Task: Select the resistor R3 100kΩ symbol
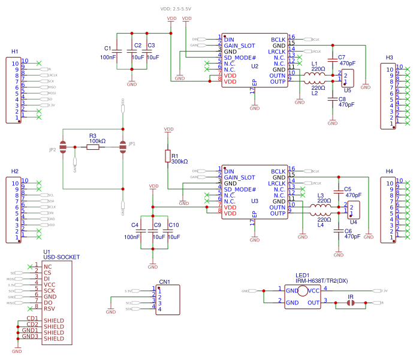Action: [93, 146]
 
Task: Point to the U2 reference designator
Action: [255, 66]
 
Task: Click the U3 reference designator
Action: [255, 201]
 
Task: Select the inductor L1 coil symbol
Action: [315, 75]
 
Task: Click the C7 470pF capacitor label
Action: [346, 60]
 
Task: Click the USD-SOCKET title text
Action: [61, 257]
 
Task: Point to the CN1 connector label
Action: [164, 282]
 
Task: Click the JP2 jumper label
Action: [53, 150]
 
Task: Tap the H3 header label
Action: [390, 58]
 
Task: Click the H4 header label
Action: [390, 171]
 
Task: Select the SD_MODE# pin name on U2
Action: [240, 58]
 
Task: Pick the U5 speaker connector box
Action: [347, 78]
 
